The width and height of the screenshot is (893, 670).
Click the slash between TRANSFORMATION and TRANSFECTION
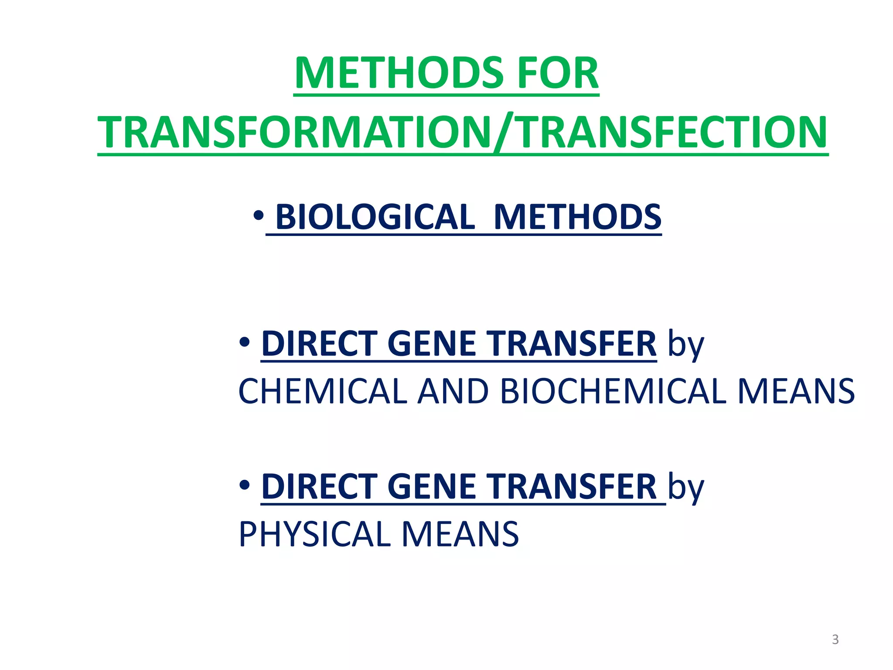pyautogui.click(x=504, y=133)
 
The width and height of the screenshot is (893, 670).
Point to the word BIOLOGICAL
pyautogui.click(x=375, y=217)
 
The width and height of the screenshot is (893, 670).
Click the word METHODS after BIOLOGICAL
pyautogui.click(x=578, y=217)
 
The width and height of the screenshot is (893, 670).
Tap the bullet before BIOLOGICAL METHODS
pyautogui.click(x=258, y=215)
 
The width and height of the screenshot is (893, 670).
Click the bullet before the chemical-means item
pyautogui.click(x=245, y=342)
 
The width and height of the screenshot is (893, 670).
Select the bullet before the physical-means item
pyautogui.click(x=245, y=485)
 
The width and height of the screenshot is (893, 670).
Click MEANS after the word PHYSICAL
pyautogui.click(x=460, y=534)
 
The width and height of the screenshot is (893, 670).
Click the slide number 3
pyautogui.click(x=835, y=639)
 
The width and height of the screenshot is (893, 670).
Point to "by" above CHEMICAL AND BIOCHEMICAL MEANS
pyautogui.click(x=686, y=345)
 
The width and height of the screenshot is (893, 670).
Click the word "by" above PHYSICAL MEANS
pyautogui.click(x=686, y=488)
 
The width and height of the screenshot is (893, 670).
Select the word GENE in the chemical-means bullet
pyautogui.click(x=431, y=344)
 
